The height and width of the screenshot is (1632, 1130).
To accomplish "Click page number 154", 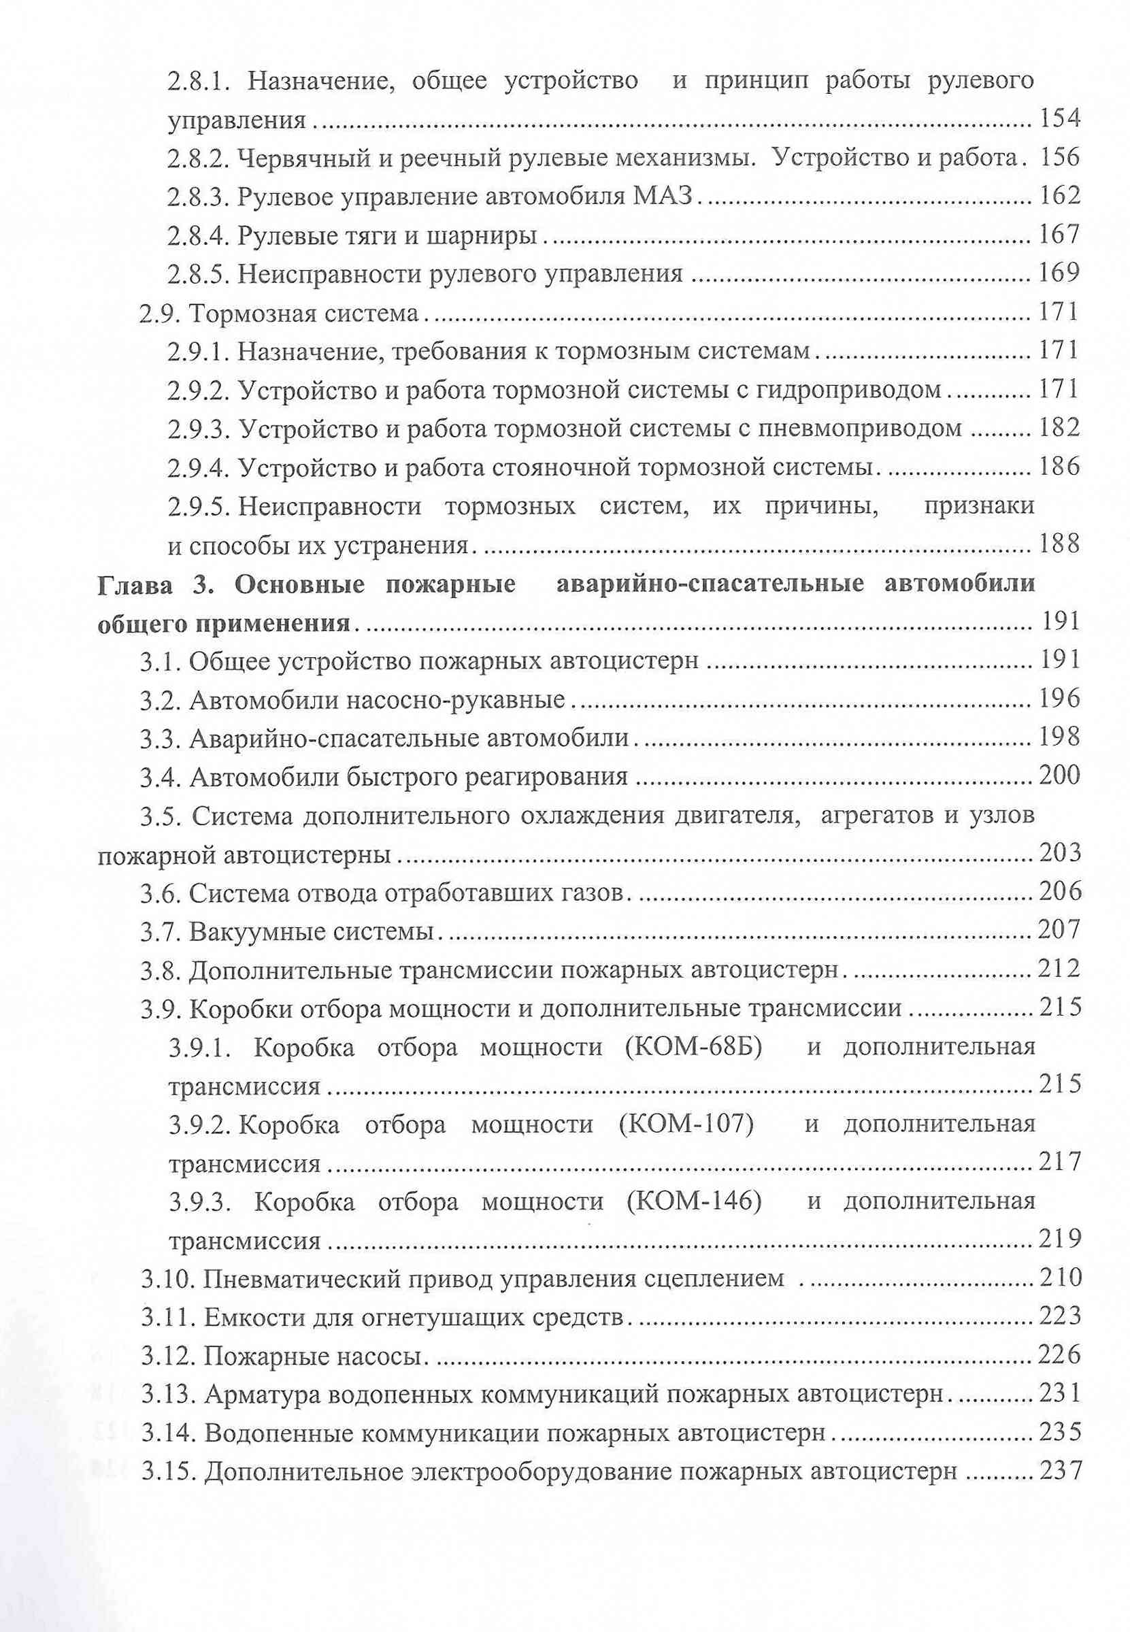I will (x=1059, y=119).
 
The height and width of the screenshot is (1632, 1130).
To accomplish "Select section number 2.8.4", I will (x=198, y=235).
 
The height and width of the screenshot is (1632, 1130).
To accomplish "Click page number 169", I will (x=1059, y=273).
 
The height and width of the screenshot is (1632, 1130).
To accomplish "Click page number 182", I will (x=1059, y=428).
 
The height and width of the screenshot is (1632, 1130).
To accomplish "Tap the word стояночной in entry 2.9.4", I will (x=562, y=467).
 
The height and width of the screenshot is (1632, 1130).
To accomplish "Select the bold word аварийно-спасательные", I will (x=710, y=584).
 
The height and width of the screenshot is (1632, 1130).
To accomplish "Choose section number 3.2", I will (x=161, y=700).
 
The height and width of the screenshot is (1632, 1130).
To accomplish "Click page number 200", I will (x=1059, y=776).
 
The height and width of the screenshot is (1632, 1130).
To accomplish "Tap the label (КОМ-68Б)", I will (x=693, y=1047).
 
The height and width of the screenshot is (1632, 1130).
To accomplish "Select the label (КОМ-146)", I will (x=693, y=1201).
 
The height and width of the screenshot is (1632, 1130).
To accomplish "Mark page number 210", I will (x=1060, y=1278).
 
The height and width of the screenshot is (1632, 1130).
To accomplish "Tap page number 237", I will (x=1060, y=1471).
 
